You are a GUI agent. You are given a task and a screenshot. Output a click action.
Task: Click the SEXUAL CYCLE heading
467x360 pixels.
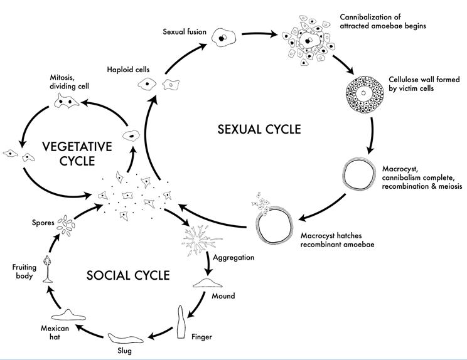pyautogui.click(x=259, y=130)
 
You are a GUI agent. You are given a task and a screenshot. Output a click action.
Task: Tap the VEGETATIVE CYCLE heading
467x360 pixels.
pyautogui.click(x=77, y=154)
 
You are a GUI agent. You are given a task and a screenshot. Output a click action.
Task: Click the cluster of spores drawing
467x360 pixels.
pyautogui.click(x=66, y=223)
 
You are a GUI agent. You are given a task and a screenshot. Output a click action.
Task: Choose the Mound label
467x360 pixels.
pyautogui.click(x=223, y=294)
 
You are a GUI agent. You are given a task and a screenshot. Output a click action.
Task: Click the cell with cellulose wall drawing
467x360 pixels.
pyautogui.click(x=362, y=95)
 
